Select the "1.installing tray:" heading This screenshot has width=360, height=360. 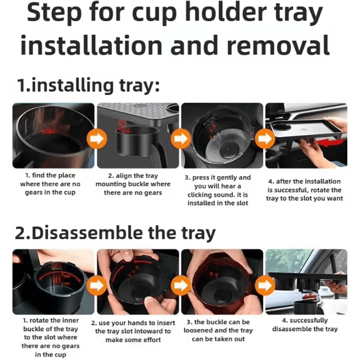[x=88, y=85]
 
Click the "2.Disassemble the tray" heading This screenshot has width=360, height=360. [x=116, y=233]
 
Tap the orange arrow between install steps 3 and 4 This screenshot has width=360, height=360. [x=264, y=139]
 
